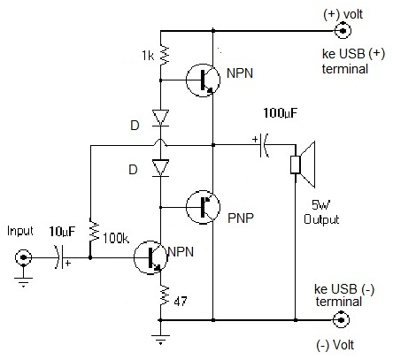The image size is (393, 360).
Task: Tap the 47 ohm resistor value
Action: (x=181, y=303)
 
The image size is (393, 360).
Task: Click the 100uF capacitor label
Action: (x=282, y=114)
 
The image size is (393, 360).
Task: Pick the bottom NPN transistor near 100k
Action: (x=150, y=258)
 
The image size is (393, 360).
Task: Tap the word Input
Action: (x=19, y=231)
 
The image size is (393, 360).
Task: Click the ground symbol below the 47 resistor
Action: (x=160, y=337)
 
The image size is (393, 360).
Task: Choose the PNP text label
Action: (x=238, y=213)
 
